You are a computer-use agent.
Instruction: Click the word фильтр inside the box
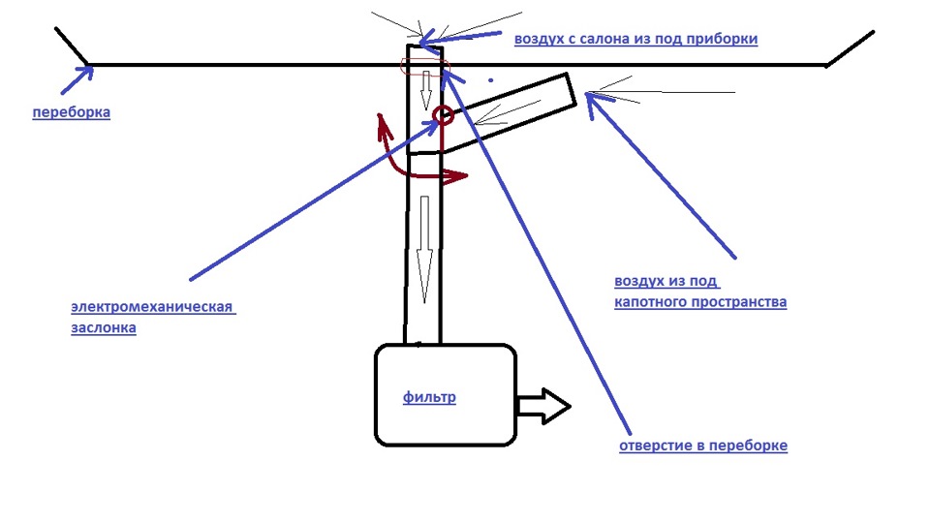click(x=429, y=397)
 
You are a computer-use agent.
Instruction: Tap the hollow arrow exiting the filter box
click(x=543, y=406)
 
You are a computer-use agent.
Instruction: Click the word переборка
click(x=71, y=112)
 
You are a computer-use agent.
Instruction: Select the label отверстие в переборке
click(x=703, y=446)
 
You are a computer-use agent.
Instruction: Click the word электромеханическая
click(x=152, y=307)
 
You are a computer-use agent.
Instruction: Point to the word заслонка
click(x=104, y=327)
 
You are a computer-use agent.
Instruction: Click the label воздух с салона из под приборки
click(x=635, y=39)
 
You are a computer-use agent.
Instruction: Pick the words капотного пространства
click(x=700, y=302)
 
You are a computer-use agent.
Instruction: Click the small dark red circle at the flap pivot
click(x=444, y=115)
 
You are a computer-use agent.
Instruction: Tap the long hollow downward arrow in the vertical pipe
click(x=424, y=250)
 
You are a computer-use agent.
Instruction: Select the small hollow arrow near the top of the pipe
click(x=425, y=90)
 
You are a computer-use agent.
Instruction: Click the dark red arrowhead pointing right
click(x=455, y=175)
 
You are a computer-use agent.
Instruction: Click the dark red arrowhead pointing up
click(x=382, y=122)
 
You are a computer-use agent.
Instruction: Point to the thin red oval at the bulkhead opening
click(x=425, y=67)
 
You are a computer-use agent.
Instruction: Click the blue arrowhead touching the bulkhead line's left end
click(x=85, y=73)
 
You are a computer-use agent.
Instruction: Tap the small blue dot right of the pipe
click(x=490, y=80)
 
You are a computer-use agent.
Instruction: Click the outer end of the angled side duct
click(x=572, y=90)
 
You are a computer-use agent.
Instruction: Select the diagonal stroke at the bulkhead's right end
click(x=850, y=48)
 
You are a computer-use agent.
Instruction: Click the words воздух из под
click(x=666, y=281)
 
